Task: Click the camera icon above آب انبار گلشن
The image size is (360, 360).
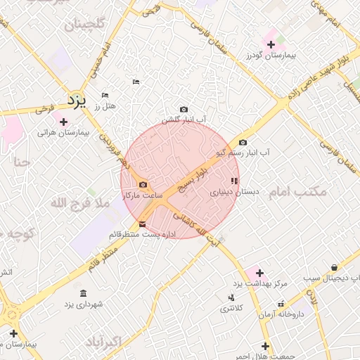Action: point(184,109)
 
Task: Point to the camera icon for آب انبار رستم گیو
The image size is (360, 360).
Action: point(243,142)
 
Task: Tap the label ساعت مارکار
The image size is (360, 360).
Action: point(143,195)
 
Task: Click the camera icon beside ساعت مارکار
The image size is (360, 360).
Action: point(143,185)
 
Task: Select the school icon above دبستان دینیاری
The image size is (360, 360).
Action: point(234,181)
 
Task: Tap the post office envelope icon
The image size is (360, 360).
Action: point(143,224)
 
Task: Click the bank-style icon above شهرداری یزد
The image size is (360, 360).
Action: point(84,293)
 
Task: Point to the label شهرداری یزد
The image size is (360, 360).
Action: point(84,304)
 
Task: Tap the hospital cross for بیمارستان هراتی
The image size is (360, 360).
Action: point(64,122)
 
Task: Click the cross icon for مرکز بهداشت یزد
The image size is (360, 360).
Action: point(259,273)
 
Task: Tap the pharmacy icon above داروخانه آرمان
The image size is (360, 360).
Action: point(281,304)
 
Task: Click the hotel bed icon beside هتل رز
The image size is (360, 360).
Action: point(105,95)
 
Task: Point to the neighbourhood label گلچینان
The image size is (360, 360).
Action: point(89,26)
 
